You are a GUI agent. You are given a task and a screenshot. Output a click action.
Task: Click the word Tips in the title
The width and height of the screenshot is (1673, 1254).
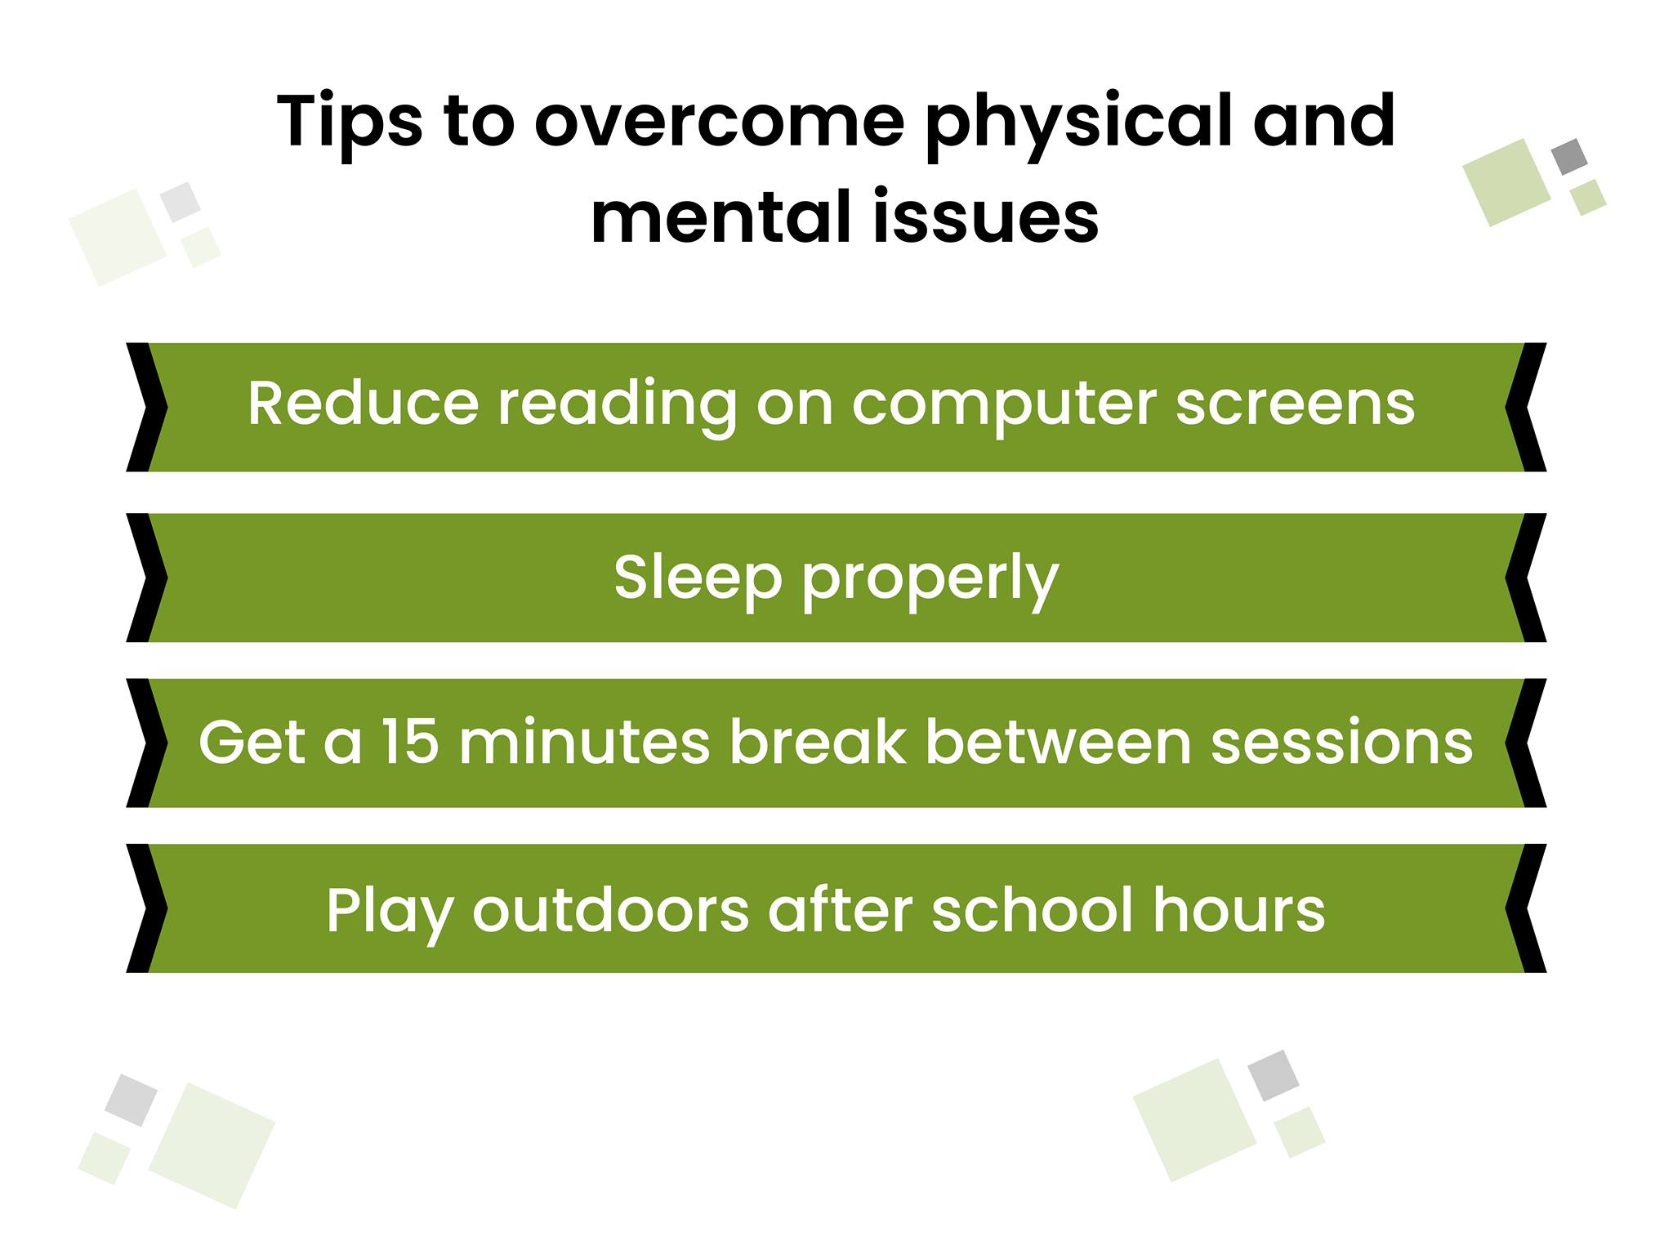coord(350,123)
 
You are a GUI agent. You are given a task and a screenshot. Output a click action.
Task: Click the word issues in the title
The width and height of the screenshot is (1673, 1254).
coord(985,217)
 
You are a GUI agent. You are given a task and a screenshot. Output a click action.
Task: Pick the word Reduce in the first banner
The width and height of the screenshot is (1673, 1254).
coord(363,403)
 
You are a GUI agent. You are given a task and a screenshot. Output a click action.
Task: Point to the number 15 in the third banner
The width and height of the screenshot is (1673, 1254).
coord(410,742)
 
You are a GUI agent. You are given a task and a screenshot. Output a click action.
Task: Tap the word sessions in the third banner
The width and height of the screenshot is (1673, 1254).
coord(1342,742)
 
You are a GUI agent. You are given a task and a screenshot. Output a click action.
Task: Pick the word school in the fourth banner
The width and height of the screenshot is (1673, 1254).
coord(1032,908)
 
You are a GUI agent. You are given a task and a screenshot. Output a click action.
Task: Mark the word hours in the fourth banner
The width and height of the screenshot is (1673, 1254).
coord(1238,908)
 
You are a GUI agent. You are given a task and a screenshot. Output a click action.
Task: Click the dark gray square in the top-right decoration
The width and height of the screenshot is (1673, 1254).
coord(1569,157)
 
